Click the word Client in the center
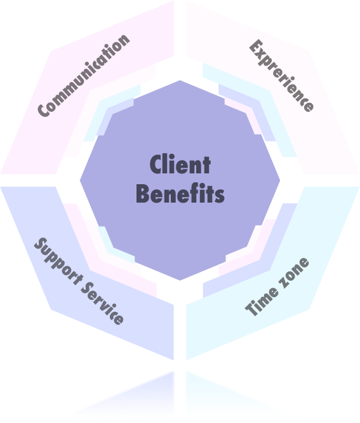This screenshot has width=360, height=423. point(180,164)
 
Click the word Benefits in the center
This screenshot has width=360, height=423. point(180,193)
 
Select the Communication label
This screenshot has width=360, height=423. point(84,76)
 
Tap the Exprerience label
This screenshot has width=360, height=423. point(281,76)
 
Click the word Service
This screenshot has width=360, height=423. point(102,303)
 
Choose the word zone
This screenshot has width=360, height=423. point(294,271)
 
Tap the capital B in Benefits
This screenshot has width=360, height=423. point(142,194)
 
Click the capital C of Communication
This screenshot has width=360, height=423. point(44,111)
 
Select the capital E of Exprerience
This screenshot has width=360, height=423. point(255,47)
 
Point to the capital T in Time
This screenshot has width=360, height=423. point(251,309)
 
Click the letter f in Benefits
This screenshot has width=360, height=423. point(194,193)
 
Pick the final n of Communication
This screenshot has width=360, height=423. point(124,41)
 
